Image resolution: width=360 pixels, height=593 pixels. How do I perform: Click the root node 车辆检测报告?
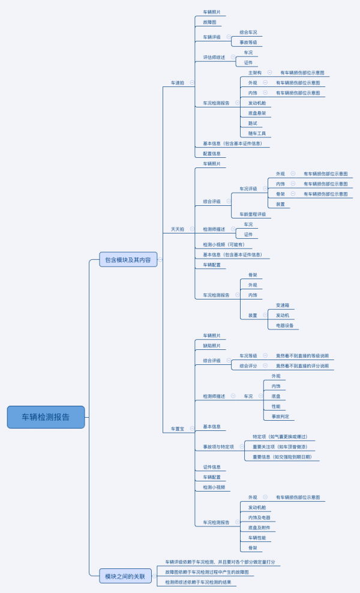click(46, 417)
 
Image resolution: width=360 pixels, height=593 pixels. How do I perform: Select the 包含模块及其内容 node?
click(128, 259)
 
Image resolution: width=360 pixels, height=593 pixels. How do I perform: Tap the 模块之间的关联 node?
click(125, 576)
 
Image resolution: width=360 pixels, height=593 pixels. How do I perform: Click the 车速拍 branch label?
click(178, 83)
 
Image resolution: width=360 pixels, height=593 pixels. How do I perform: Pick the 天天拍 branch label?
click(178, 229)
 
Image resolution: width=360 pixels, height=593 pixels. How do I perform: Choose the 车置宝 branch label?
click(178, 429)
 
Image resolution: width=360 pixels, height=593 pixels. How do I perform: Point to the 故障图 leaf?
click(211, 22)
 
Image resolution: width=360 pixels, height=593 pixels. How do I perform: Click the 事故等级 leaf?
click(248, 43)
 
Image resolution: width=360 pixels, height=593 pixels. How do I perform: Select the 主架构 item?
click(255, 73)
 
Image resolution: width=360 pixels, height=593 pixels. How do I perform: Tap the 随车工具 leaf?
click(257, 133)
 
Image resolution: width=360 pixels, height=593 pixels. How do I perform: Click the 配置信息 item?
click(212, 154)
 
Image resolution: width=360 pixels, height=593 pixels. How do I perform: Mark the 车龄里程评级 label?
click(253, 214)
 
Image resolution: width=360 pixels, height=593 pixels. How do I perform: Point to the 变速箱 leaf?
click(283, 305)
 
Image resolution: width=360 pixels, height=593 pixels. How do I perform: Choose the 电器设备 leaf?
click(284, 325)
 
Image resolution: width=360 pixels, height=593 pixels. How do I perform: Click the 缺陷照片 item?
click(212, 346)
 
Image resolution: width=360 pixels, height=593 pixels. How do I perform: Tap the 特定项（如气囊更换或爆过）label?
click(280, 436)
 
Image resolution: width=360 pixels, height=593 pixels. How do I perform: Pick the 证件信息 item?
click(212, 467)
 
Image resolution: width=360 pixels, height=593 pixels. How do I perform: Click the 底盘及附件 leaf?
click(260, 528)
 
